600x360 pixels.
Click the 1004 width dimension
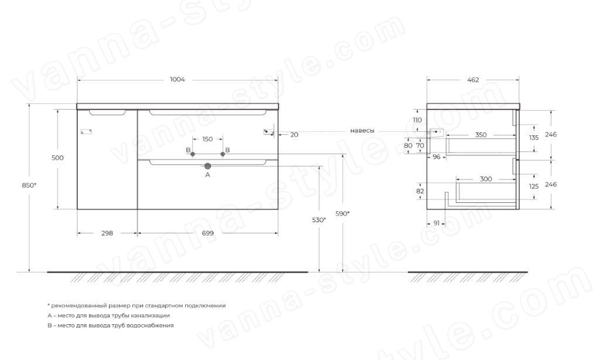[x=177, y=80]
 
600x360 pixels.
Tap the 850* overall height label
[x=29, y=185]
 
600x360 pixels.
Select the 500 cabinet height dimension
[x=58, y=158]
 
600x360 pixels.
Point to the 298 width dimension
[x=107, y=233]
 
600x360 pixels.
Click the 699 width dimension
[x=208, y=233]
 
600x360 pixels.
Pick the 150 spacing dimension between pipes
[x=207, y=139]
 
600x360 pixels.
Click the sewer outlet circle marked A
[x=208, y=166]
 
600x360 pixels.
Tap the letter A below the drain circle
[x=208, y=175]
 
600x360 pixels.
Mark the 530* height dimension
[x=319, y=220]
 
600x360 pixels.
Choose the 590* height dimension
[x=342, y=213]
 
